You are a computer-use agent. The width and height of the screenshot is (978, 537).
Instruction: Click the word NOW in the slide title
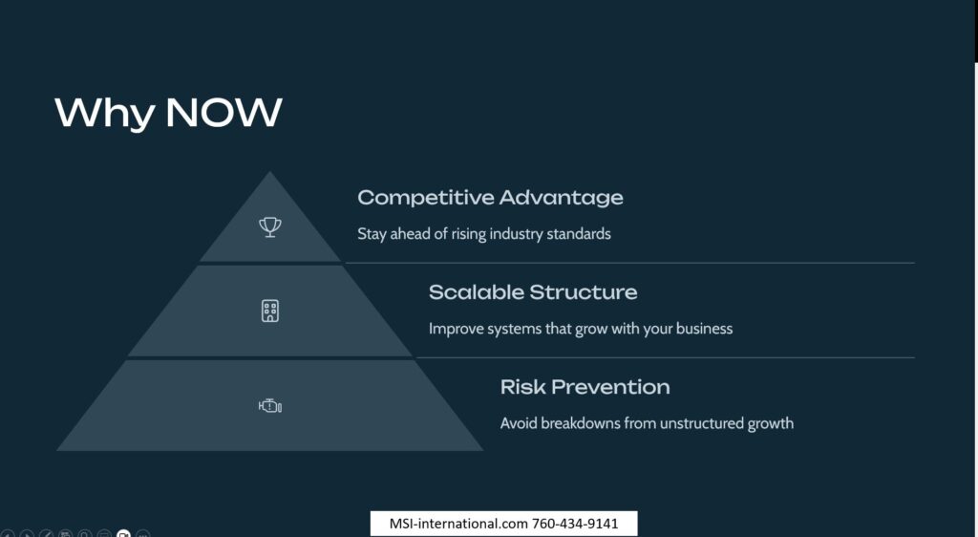point(223,112)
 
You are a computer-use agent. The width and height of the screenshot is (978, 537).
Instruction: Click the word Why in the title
point(105,114)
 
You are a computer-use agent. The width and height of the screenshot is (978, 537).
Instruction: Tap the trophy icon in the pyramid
point(270,227)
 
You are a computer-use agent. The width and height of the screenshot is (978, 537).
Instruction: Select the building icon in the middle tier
point(270,311)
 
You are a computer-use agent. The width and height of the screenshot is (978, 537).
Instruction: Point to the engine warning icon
point(270,406)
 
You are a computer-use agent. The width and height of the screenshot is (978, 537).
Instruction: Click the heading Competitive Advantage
point(490,198)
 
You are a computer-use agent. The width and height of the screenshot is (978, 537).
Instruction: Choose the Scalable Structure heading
point(533,291)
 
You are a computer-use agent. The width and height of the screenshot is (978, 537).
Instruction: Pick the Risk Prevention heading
point(585,387)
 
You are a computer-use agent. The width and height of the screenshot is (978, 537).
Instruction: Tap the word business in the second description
point(704,328)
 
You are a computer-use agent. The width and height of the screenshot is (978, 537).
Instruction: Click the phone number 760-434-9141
point(574,524)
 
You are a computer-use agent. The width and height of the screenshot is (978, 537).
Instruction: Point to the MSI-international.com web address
point(458,524)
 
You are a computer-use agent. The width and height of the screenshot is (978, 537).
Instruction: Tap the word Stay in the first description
point(372,234)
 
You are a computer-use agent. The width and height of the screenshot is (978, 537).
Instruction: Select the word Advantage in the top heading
point(562,199)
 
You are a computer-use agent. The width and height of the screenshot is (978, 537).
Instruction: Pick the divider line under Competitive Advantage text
point(630,263)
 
